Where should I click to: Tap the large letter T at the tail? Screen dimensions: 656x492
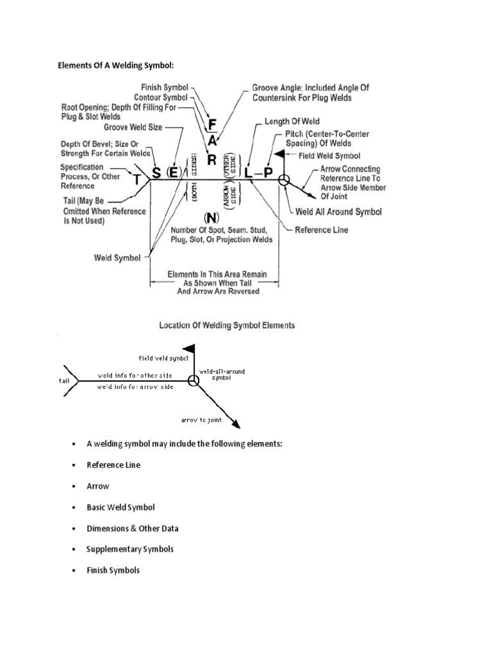click(x=136, y=181)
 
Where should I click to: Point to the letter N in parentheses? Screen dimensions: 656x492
click(x=209, y=217)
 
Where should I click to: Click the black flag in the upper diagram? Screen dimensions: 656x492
click(x=279, y=154)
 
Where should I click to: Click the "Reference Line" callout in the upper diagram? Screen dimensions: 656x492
click(x=322, y=230)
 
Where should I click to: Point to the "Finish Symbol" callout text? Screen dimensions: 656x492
click(x=164, y=87)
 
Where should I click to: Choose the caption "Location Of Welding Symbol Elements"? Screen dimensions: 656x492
click(x=227, y=325)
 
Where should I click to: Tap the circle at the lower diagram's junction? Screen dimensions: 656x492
click(x=193, y=382)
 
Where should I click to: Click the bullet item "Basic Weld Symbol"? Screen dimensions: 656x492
click(x=121, y=507)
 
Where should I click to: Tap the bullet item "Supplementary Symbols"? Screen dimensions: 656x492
click(x=130, y=550)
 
